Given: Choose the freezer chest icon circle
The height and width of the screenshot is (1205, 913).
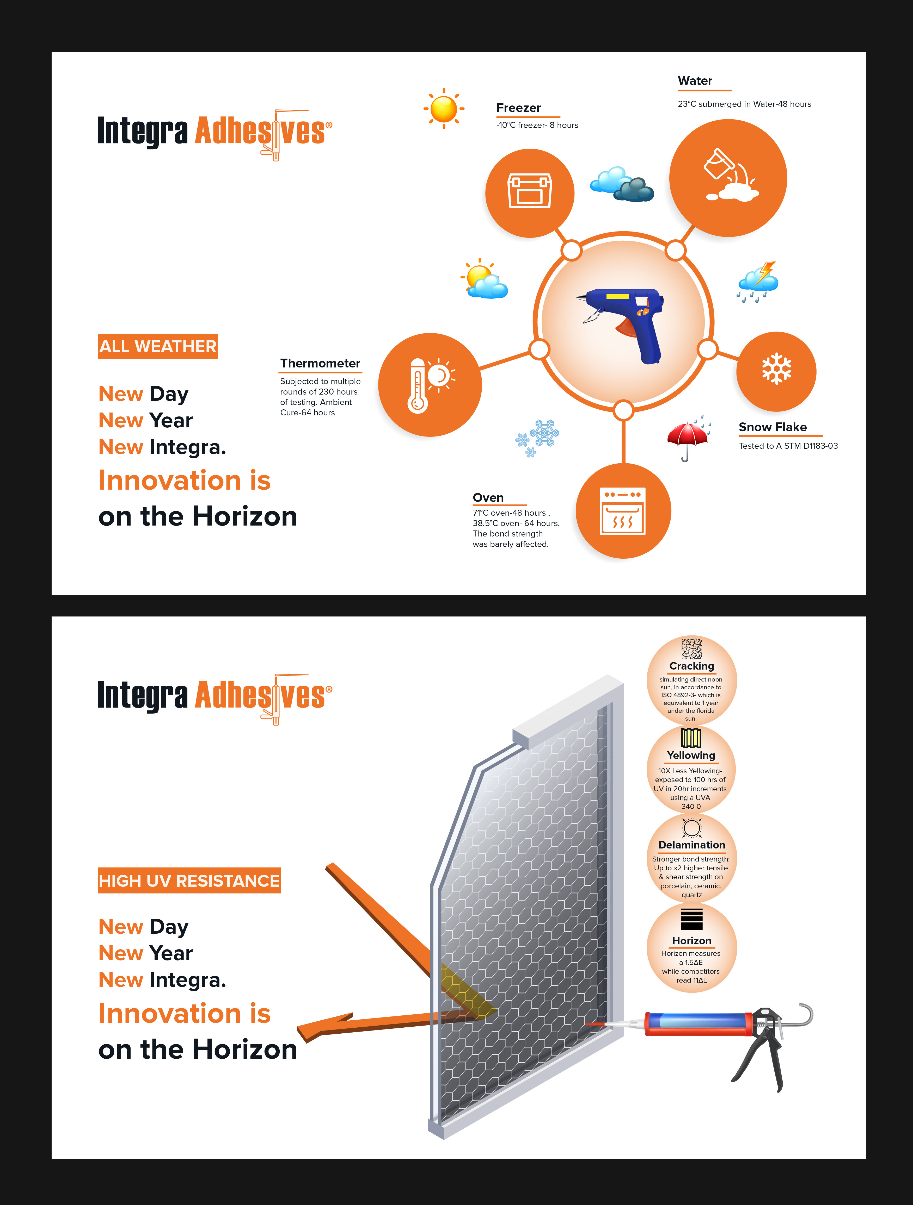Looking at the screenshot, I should coord(529,193).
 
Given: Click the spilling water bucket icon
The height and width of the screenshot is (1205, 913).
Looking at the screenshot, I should coord(728,178).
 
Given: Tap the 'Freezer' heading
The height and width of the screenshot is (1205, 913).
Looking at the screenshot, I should coord(518,108).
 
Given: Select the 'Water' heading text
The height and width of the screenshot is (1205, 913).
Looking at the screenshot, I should coord(695,81).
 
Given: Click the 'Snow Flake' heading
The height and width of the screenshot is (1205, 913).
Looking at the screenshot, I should coord(772,427).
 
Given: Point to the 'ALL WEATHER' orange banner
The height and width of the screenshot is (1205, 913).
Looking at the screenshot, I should coord(157,346).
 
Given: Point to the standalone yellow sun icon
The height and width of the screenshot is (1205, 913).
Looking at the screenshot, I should coord(444,108).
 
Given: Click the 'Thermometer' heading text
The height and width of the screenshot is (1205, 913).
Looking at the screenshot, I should coord(320,363).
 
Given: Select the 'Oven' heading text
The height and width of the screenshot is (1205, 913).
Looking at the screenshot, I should coord(488,497).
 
